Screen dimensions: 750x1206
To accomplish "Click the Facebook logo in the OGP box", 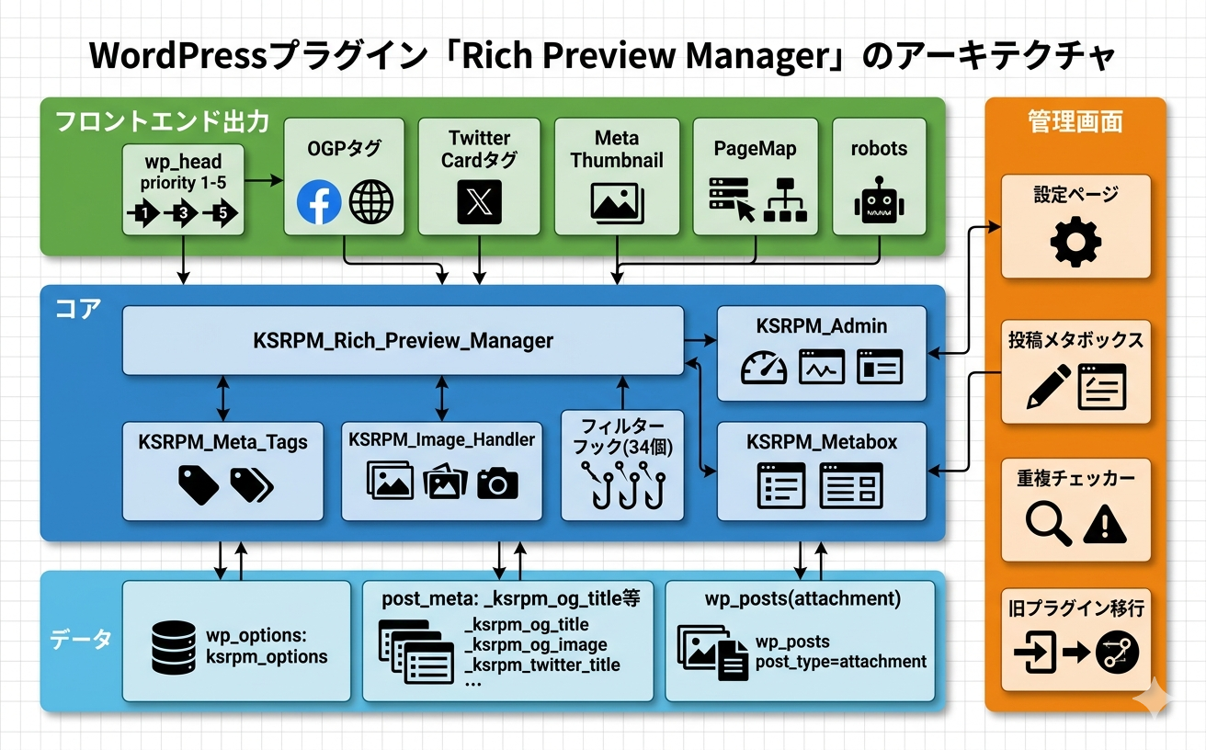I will (x=319, y=202).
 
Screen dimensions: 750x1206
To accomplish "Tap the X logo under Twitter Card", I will (x=479, y=202).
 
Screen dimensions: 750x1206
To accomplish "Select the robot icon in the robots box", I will (x=879, y=202).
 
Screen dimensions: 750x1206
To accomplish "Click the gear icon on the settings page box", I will (x=1075, y=243).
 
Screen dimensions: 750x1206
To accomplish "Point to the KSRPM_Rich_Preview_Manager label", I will (x=403, y=341).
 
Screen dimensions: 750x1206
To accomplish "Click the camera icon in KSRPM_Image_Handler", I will (x=497, y=482).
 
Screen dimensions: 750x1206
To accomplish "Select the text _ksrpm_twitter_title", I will (x=542, y=665).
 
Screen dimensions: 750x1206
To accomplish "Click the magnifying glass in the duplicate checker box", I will (x=1049, y=524).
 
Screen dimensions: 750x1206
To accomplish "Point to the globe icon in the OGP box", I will (x=371, y=202).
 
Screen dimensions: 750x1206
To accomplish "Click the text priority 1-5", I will (x=183, y=183).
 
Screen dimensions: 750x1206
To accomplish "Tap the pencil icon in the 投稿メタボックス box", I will (x=1049, y=387).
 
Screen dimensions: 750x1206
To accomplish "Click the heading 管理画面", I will (x=1075, y=121).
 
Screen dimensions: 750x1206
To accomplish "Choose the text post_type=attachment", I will (x=841, y=661).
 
